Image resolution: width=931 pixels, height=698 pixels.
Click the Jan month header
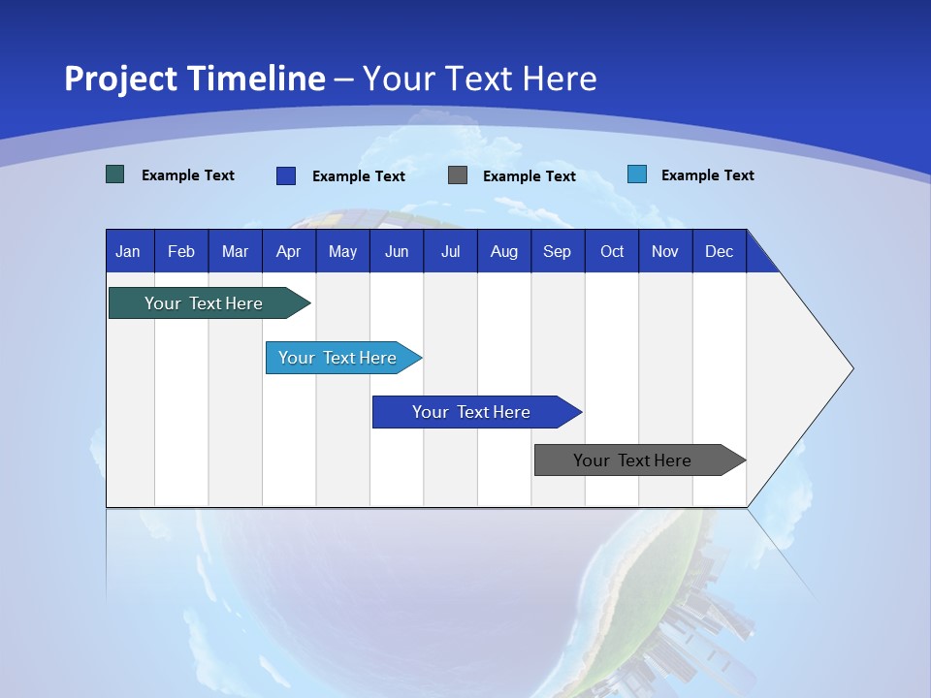tap(128, 251)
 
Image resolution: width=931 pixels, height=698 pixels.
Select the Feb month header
tap(181, 251)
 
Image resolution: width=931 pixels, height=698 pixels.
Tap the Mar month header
tap(235, 251)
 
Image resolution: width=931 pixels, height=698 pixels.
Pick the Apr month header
tap(288, 251)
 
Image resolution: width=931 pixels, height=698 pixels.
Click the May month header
tap(342, 251)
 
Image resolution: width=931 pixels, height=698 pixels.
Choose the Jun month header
tap(397, 251)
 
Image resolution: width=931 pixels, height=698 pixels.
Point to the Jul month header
tap(450, 251)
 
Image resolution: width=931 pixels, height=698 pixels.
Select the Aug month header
tap(503, 251)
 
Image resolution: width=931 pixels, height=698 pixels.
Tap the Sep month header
tap(557, 251)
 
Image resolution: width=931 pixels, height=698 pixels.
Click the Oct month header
tap(612, 251)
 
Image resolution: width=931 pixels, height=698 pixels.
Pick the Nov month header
tap(665, 251)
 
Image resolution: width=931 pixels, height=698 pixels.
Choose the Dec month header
tap(719, 251)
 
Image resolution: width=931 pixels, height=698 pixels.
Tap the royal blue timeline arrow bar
tap(472, 412)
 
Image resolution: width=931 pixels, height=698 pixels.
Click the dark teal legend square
tap(115, 174)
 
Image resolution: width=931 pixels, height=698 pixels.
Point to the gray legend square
tap(458, 175)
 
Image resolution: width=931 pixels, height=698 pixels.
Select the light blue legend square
tap(636, 174)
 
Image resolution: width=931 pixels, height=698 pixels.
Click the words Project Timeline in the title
tap(195, 79)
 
